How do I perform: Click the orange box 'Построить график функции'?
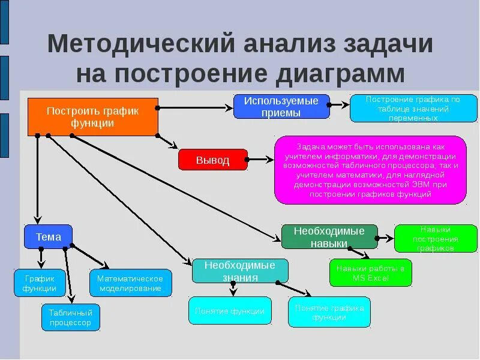click(x=93, y=117)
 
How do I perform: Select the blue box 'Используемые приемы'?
click(x=281, y=107)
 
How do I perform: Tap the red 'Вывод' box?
click(x=212, y=160)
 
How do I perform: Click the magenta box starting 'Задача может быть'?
click(x=370, y=170)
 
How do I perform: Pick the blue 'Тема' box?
click(x=48, y=236)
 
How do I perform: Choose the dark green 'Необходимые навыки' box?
click(x=329, y=237)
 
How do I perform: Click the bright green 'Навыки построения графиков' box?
click(x=435, y=238)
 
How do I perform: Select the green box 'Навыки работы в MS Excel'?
click(x=370, y=273)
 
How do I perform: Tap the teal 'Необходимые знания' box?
click(x=240, y=271)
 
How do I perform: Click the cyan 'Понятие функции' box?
click(x=230, y=311)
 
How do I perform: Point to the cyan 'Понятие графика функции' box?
click(x=329, y=312)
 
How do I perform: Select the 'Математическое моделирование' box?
click(x=130, y=283)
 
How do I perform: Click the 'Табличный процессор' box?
click(x=71, y=317)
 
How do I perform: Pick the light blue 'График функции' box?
click(x=40, y=283)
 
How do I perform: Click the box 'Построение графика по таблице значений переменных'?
click(x=413, y=109)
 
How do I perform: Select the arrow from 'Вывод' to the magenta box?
click(x=260, y=160)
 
